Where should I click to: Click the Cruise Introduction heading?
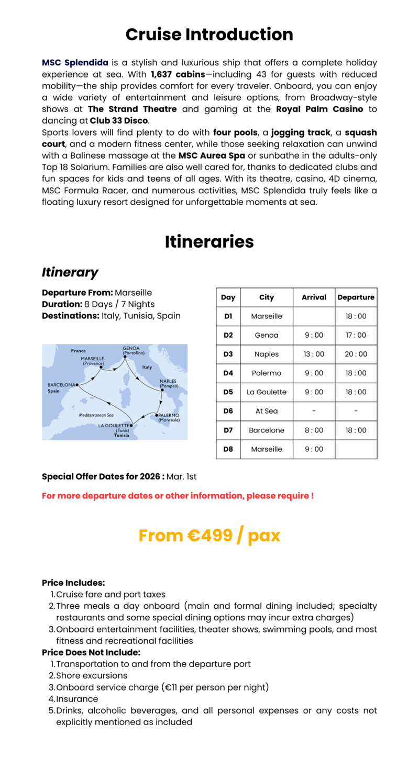tap(209, 35)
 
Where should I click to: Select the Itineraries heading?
tap(209, 242)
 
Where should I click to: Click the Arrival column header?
tap(314, 297)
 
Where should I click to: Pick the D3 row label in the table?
tap(228, 354)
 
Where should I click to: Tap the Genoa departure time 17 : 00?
tap(356, 335)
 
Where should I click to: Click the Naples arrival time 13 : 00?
tap(314, 354)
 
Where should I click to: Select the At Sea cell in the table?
tap(267, 411)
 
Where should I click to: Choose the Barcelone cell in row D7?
tap(267, 430)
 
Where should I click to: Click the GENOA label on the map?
tap(130, 348)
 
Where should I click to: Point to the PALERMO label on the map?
tap(169, 415)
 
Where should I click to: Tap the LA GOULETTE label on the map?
tap(114, 426)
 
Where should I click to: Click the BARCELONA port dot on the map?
tap(77, 385)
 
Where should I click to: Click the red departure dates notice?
tap(178, 495)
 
